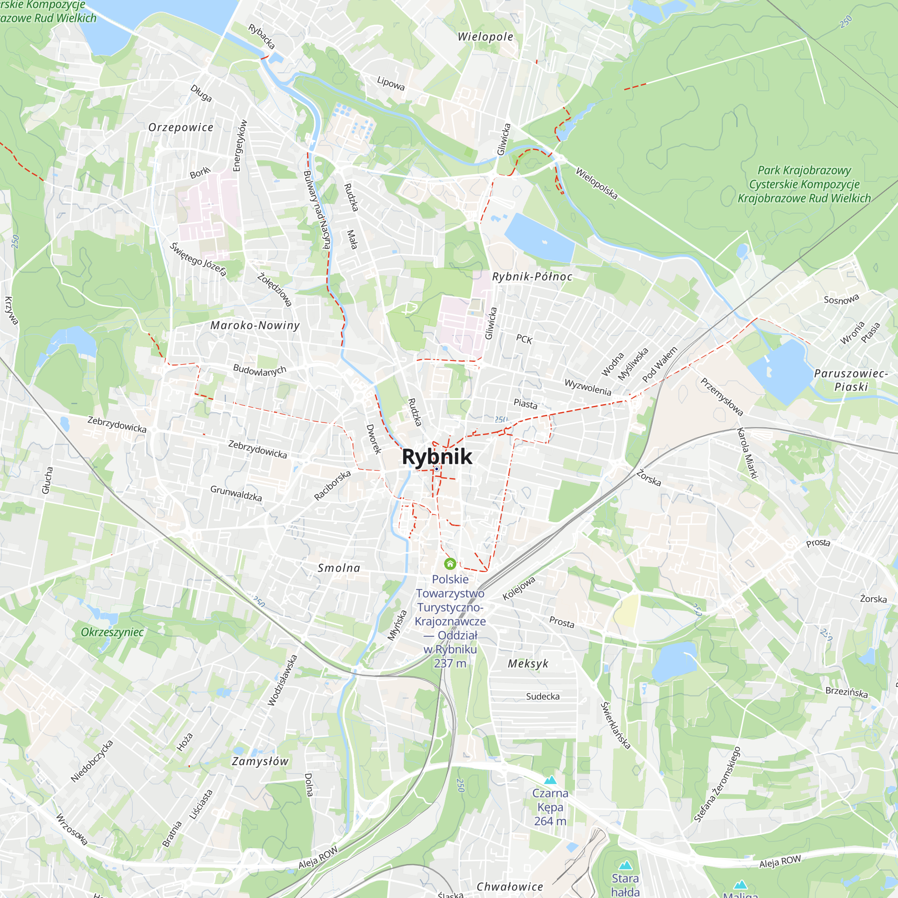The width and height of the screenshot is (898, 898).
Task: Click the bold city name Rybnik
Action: point(436,457)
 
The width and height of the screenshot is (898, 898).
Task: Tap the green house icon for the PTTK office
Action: point(450,564)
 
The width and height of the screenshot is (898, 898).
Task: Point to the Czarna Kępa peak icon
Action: point(550,779)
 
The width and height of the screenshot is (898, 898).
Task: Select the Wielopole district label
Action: point(485,37)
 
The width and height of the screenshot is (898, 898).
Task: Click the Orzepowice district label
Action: point(181,128)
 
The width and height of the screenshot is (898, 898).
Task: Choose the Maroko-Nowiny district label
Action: point(255,326)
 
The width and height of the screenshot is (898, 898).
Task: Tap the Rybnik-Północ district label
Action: point(532,277)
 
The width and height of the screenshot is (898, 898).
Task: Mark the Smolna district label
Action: point(339,568)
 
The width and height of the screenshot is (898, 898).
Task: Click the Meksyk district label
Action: point(528,664)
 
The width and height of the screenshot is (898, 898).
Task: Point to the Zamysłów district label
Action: point(260,762)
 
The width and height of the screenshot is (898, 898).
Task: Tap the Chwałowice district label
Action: point(510,887)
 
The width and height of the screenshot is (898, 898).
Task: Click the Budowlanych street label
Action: point(260,370)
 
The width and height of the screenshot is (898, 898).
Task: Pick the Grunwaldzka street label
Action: point(236,493)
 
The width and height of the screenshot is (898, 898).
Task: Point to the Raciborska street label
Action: point(332,486)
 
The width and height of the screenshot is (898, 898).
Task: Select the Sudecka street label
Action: point(543,696)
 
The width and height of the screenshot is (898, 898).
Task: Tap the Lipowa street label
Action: point(391,84)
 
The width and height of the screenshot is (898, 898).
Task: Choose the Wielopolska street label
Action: point(596,184)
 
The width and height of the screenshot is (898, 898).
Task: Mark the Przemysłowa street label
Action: point(722,396)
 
